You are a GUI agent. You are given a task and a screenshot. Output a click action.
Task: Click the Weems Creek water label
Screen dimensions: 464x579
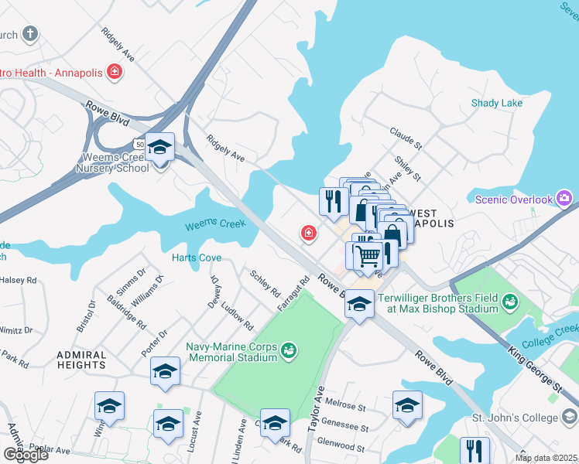215,225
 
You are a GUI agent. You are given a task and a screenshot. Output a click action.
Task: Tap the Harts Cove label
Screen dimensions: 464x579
197,258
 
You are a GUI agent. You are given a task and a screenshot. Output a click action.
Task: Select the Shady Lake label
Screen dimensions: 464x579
497,103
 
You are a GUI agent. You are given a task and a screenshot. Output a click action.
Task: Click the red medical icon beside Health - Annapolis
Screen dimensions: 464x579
115,73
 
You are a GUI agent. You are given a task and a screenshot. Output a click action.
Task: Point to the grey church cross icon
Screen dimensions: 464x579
30,34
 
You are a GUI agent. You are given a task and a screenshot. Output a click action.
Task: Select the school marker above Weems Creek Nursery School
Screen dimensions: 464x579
159,147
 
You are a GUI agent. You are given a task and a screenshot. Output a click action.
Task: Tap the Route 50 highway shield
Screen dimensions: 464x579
139,144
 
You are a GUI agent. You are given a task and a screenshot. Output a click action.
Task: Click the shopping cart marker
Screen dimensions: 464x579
368,254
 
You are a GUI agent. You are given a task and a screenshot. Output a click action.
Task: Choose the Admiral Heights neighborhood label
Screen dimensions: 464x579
81,359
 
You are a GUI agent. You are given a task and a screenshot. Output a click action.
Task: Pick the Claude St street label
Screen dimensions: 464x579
406,139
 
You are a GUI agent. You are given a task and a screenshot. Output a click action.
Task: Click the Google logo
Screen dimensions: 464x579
26,454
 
